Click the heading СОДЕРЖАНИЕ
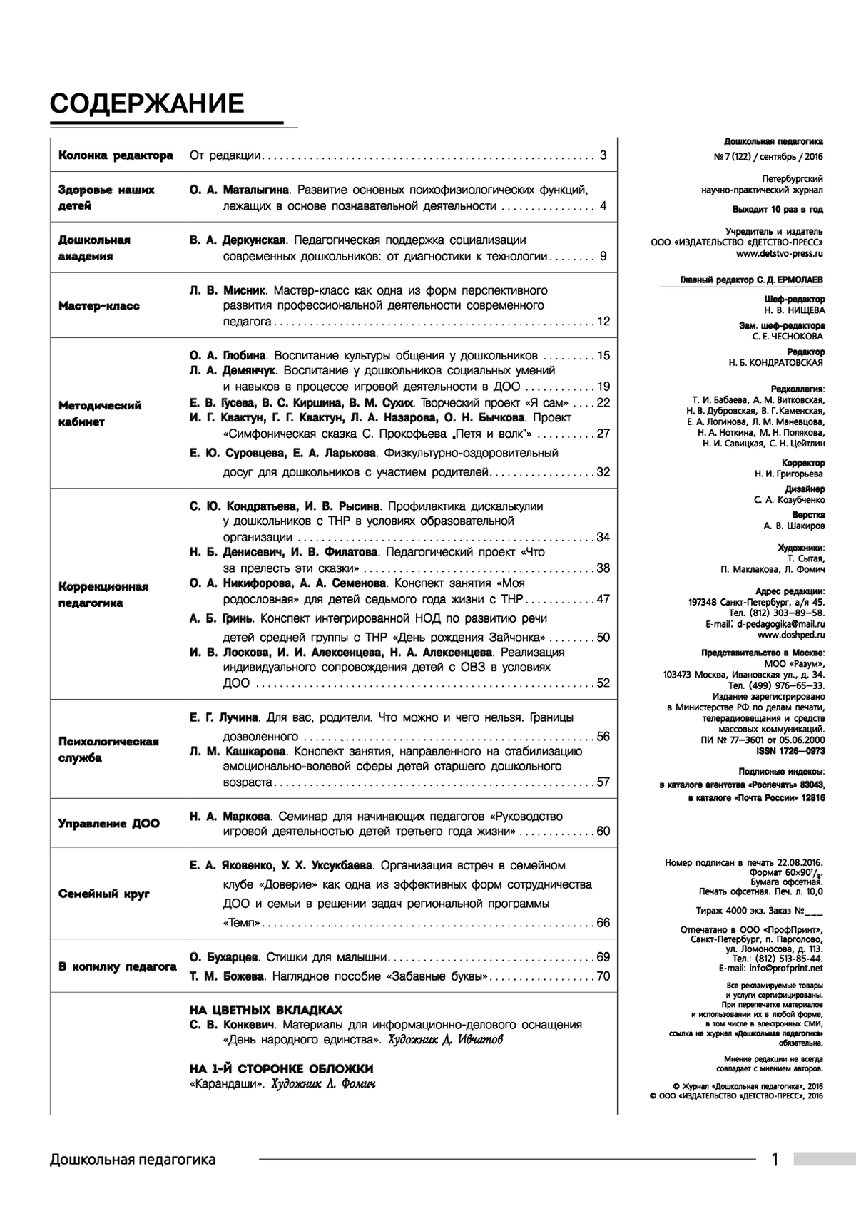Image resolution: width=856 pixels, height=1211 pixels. coord(147,105)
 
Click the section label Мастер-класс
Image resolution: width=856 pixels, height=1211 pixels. coord(99,306)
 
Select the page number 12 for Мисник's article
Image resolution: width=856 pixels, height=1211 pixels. coord(603,322)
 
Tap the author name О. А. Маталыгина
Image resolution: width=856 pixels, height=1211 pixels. coord(239,190)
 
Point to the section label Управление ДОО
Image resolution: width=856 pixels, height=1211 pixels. coord(109,823)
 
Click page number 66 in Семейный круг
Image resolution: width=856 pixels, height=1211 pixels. coord(603,923)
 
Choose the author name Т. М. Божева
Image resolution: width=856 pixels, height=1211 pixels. coord(227,976)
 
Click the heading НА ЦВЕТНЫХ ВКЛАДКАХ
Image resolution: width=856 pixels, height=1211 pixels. coord(266,1010)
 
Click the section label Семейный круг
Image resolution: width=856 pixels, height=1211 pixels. coord(104,894)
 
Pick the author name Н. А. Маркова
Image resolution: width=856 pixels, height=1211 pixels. coord(230,816)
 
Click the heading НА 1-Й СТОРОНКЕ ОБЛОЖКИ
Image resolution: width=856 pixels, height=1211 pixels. coord(281,1068)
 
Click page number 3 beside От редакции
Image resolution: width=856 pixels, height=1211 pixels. coord(603,155)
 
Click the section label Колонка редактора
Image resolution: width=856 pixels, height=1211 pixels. coord(116,155)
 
